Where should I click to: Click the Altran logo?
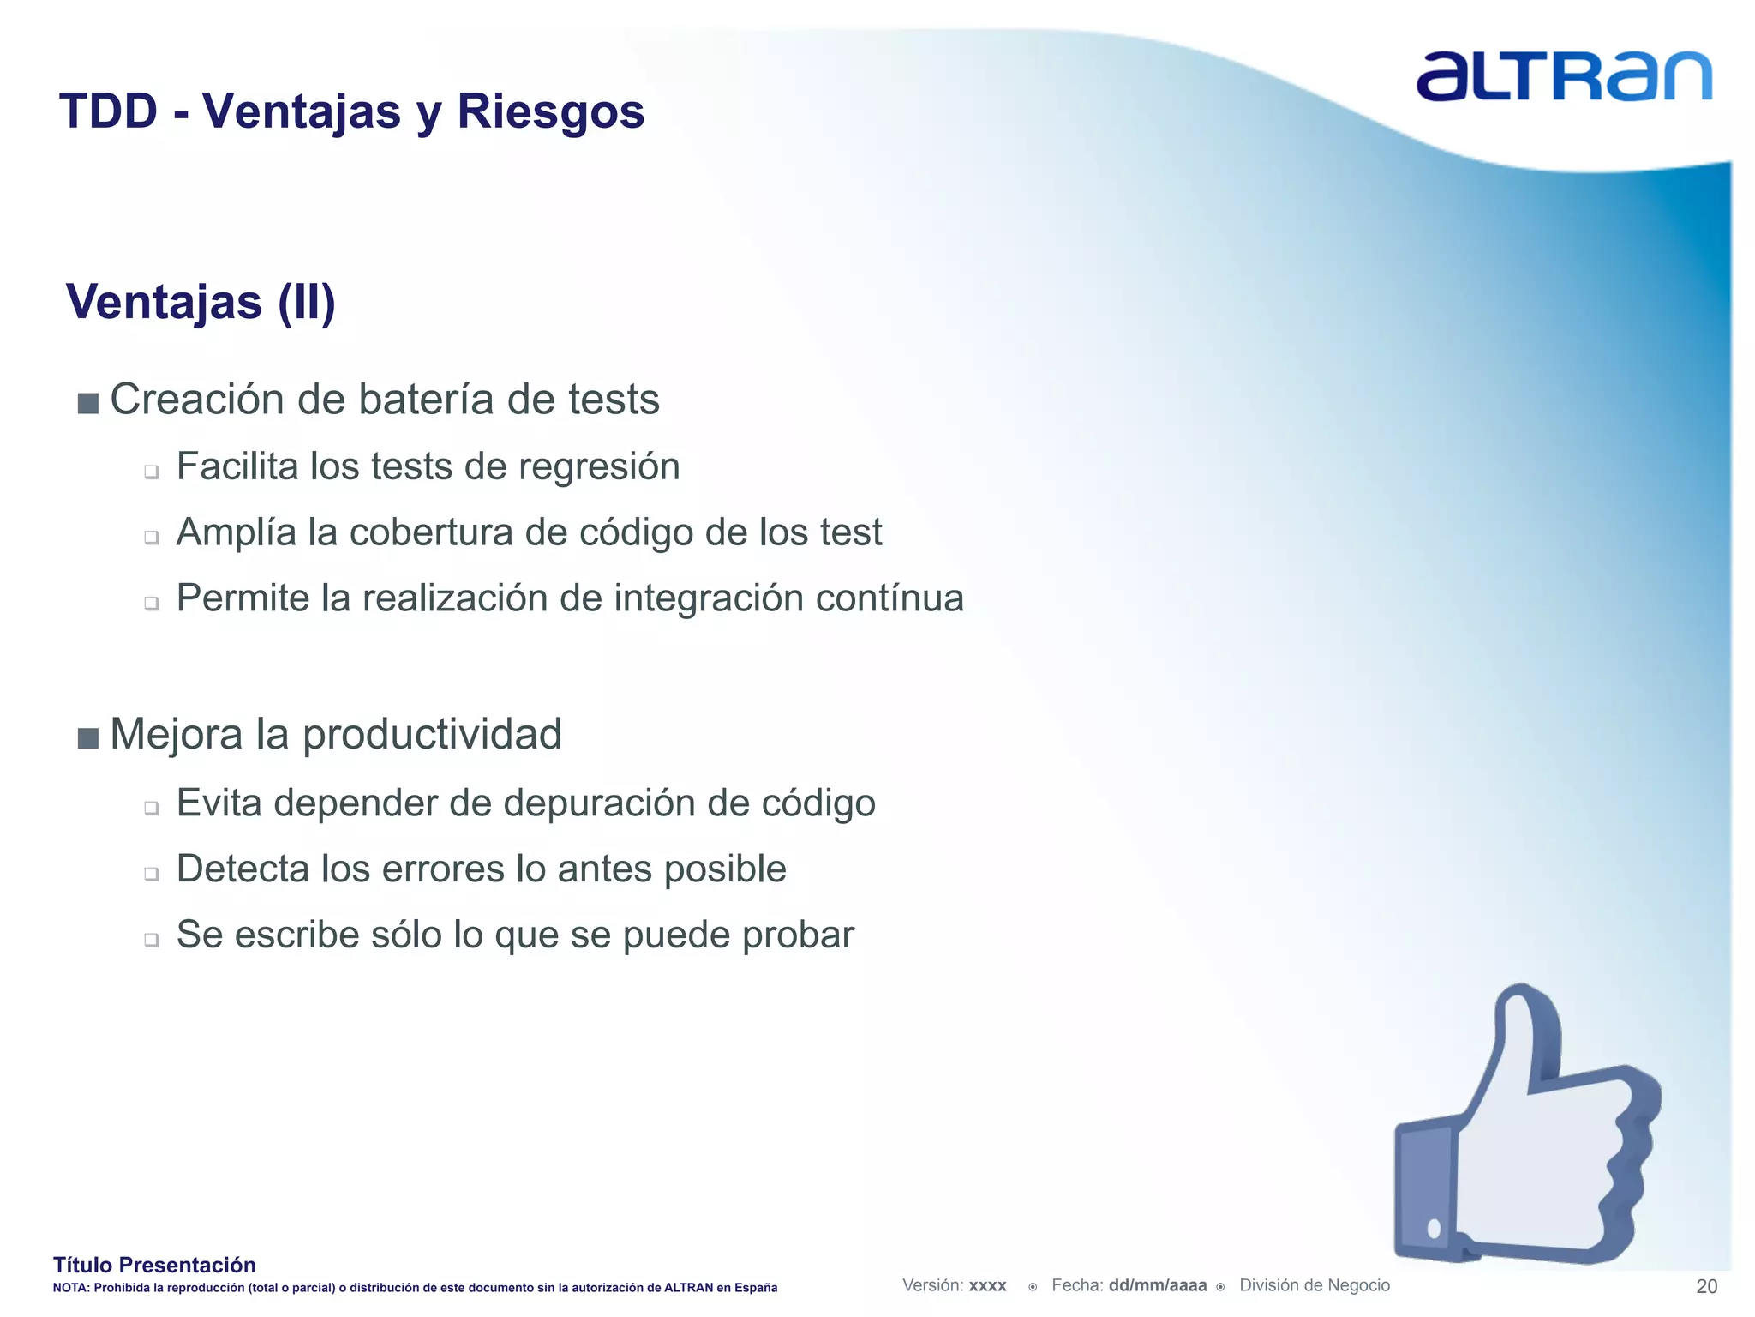coord(1564,76)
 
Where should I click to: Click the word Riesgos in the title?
coord(550,112)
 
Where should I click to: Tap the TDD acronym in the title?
coord(109,112)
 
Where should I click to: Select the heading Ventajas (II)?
coord(201,302)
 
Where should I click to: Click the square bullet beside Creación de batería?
coord(87,403)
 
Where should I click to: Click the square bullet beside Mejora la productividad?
coord(87,737)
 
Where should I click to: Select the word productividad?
coord(432,735)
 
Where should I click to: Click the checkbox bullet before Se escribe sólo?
coord(152,940)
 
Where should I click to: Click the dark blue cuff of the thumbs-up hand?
coord(1425,1192)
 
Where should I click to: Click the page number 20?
coord(1706,1286)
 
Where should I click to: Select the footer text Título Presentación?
coord(154,1265)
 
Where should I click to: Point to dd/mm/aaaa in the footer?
coord(1157,1285)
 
